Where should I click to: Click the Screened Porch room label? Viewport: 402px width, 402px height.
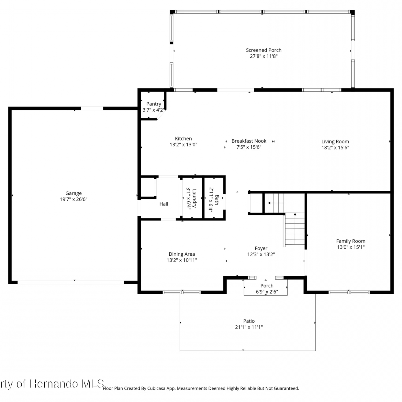pyautogui.click(x=264, y=50)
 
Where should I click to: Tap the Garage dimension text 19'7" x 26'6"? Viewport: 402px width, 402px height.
pyautogui.click(x=74, y=199)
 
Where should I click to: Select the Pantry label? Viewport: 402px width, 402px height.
pyautogui.click(x=154, y=104)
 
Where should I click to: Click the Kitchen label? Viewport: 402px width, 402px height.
pyautogui.click(x=183, y=139)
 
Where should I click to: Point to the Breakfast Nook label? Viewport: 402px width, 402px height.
pyautogui.click(x=249, y=141)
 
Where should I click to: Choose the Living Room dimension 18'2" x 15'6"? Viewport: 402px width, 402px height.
pyautogui.click(x=335, y=147)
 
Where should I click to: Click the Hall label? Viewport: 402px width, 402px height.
pyautogui.click(x=164, y=204)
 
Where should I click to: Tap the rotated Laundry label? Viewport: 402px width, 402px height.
pyautogui.click(x=194, y=198)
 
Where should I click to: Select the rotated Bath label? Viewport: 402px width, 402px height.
pyautogui.click(x=217, y=200)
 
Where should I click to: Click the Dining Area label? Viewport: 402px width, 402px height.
pyautogui.click(x=182, y=254)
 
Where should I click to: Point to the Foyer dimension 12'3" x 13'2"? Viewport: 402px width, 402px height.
pyautogui.click(x=261, y=254)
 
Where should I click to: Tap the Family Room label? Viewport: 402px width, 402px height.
pyautogui.click(x=351, y=241)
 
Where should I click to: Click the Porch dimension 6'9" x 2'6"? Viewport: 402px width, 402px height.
pyautogui.click(x=267, y=292)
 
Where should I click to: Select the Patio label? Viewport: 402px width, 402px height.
pyautogui.click(x=249, y=321)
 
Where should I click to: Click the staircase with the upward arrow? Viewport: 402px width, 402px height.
pyautogui.click(x=294, y=230)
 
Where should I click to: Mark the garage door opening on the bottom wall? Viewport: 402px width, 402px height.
pyautogui.click(x=71, y=282)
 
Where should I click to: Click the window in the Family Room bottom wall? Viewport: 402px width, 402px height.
pyautogui.click(x=349, y=292)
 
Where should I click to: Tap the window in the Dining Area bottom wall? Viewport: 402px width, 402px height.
pyautogui.click(x=182, y=292)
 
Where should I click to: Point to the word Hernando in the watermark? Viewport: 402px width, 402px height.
pyautogui.click(x=54, y=384)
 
